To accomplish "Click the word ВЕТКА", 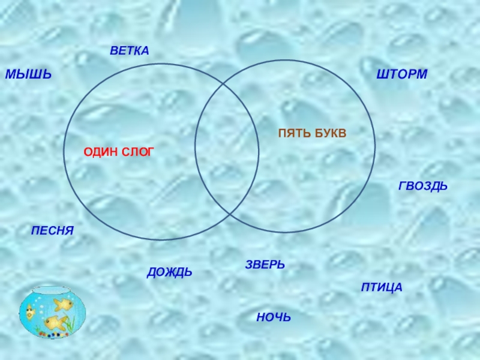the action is [129, 51].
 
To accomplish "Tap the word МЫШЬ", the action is [28, 75].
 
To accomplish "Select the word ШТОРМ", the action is [401, 74].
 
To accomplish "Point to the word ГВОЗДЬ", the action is [423, 187].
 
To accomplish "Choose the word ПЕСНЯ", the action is [52, 230].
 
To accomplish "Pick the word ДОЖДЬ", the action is [169, 272].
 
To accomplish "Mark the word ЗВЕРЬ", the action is [265, 265].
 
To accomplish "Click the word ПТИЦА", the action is [382, 288].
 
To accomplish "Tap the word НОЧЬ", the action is [273, 317].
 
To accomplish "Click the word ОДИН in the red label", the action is [101, 153].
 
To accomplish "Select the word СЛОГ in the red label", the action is [138, 153].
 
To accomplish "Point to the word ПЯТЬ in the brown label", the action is [293, 132].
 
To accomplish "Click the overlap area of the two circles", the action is [227, 150].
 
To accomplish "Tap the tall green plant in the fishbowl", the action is [71, 324].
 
